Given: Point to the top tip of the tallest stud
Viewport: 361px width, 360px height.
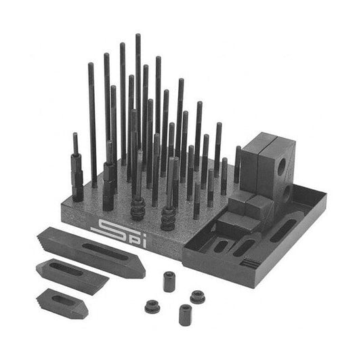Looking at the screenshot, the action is click(x=138, y=35).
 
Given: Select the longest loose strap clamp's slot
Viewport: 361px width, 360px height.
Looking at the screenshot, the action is click(x=105, y=252).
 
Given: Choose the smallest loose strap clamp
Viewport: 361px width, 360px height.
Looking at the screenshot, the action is click(x=62, y=303).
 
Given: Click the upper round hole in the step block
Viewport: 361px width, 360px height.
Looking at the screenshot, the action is click(x=281, y=166).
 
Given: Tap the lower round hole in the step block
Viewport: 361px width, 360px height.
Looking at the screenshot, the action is click(x=286, y=195).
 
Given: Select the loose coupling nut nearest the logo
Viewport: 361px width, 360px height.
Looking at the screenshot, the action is click(x=169, y=281).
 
